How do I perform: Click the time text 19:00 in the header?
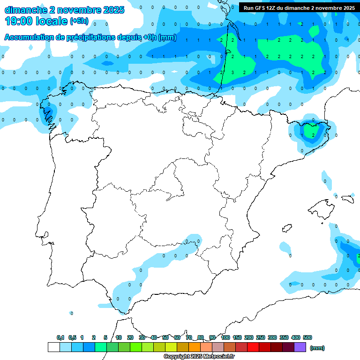(x=18, y=21)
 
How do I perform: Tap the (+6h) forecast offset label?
(x=79, y=21)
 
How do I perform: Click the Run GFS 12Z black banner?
(x=299, y=8)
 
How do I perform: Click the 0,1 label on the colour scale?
(x=60, y=337)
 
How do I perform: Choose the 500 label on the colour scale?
(x=307, y=337)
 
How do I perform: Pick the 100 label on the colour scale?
(x=225, y=337)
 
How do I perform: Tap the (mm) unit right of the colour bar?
(x=317, y=348)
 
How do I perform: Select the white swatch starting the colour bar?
(x=53, y=347)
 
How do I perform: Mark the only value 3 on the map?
(x=233, y=72)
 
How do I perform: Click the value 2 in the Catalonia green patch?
(x=313, y=135)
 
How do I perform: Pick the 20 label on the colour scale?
(x=130, y=337)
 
